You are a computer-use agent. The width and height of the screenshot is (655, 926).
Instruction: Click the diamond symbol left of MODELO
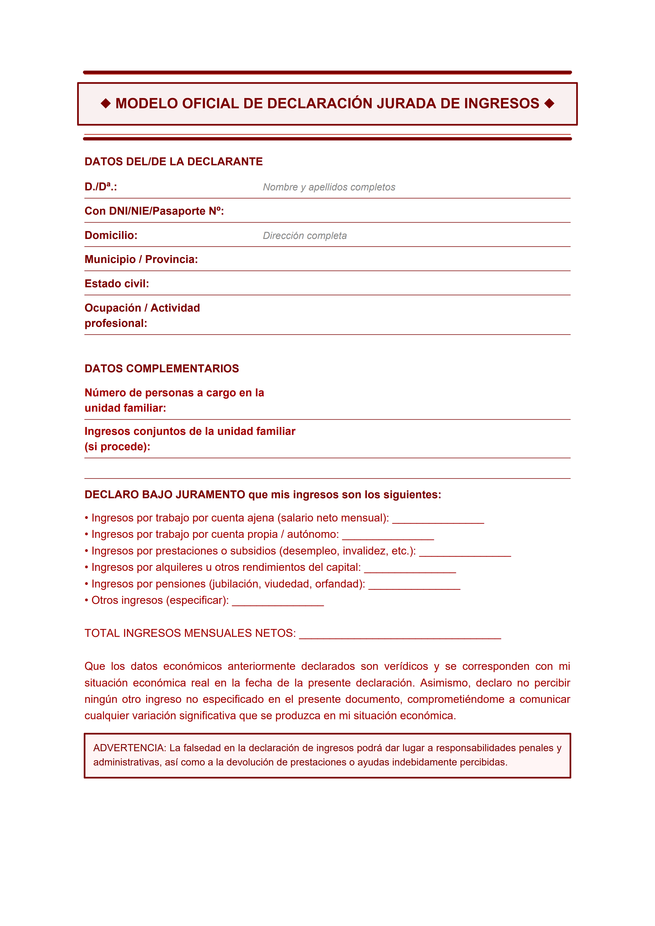pyautogui.click(x=106, y=104)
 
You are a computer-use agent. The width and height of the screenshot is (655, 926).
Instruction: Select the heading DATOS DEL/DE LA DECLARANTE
pyautogui.click(x=174, y=162)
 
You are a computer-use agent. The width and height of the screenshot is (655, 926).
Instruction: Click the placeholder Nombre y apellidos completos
pyautogui.click(x=329, y=187)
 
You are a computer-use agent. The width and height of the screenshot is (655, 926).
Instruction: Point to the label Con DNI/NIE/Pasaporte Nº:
pyautogui.click(x=154, y=211)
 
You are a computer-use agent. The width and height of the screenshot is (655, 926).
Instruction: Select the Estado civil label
pyautogui.click(x=116, y=284)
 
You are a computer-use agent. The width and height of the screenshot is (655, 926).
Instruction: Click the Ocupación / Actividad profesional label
pyautogui.click(x=142, y=315)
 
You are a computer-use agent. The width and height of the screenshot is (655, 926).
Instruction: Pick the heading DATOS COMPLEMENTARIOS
pyautogui.click(x=161, y=369)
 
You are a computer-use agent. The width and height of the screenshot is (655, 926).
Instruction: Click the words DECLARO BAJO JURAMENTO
pyautogui.click(x=165, y=495)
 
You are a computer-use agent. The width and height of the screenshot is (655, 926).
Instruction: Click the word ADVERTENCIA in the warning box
pyautogui.click(x=129, y=748)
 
